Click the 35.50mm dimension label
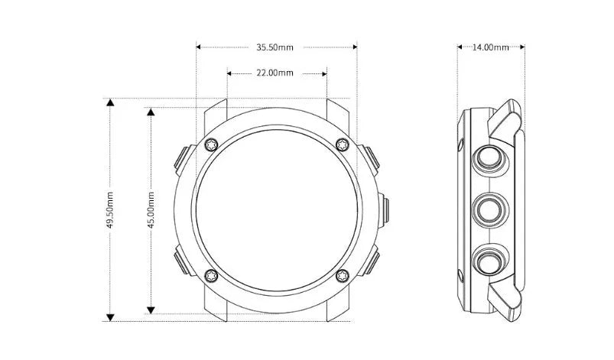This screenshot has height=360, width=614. point(275,47)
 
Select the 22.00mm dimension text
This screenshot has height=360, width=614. point(275,73)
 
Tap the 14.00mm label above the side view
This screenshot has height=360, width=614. point(490,47)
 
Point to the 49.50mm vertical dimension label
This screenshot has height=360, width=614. point(110,209)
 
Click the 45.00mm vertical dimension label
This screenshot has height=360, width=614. point(151,209)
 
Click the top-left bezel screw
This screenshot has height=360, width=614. point(212,144)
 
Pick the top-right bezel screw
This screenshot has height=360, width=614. point(343,144)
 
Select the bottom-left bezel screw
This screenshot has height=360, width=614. point(212,275)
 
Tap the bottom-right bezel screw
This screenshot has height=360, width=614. point(343,275)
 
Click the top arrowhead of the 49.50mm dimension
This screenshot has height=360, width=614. point(110,102)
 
